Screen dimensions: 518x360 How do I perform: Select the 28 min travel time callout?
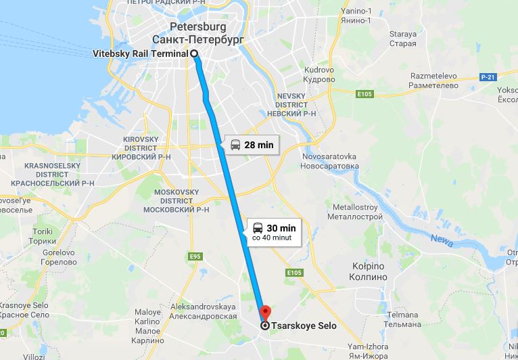pos(252,144)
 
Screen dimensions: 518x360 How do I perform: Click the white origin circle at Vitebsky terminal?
pos(193,53)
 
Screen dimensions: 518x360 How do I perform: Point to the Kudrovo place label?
pos(320,74)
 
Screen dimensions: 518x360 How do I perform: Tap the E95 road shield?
pos(196,256)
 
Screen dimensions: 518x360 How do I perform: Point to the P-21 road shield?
pos(488,78)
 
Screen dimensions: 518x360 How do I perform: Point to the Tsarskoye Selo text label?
pos(304,325)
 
